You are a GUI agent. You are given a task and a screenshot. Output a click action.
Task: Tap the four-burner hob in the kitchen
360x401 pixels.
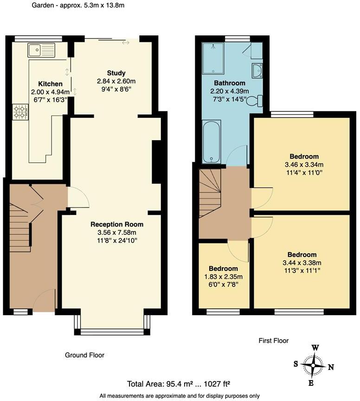pos(20,111)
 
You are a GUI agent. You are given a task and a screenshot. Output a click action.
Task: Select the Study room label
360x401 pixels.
pos(116,73)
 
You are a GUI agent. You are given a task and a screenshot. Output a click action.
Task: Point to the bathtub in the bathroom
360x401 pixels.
pos(212,142)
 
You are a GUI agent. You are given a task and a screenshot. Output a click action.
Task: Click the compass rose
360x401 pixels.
pos(313,365)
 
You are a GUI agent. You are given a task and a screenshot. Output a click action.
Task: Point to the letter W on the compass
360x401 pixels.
pos(315,348)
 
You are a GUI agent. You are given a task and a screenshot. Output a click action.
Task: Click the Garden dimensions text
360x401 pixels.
pos(78,6)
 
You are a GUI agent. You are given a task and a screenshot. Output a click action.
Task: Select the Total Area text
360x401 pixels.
pos(179,384)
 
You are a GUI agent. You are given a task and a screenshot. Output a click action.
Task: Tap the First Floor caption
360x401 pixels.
pos(273,341)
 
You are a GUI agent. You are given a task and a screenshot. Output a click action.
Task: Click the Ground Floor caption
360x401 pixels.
pos(84,355)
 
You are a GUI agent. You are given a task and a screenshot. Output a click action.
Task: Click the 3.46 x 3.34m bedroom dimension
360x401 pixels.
pos(304,164)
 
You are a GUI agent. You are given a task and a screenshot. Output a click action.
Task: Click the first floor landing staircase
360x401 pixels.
pos(209,193)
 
